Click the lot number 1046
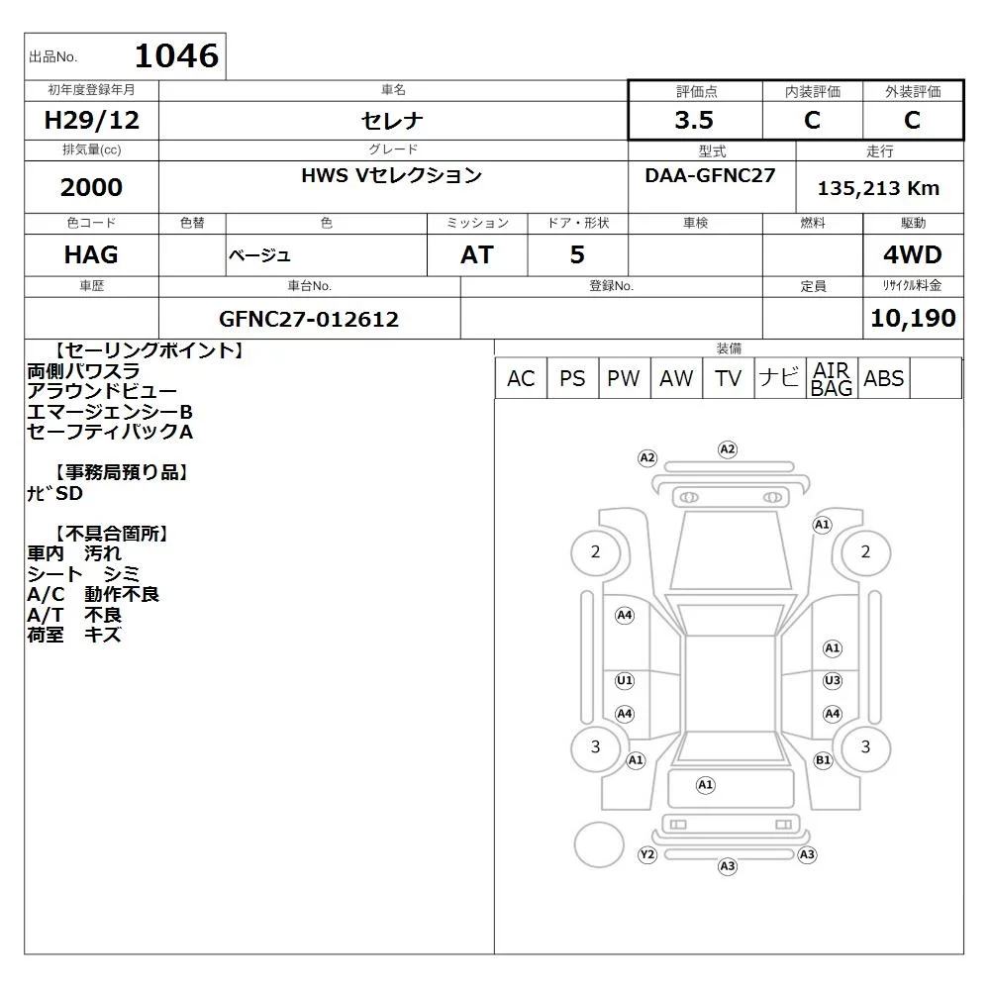177,55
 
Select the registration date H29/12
91,120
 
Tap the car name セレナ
392,120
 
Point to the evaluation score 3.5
694,120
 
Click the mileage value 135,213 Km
878,188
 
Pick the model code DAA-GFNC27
710,175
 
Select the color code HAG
91,255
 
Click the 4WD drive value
913,255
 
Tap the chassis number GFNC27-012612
309,319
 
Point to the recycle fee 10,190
913,318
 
